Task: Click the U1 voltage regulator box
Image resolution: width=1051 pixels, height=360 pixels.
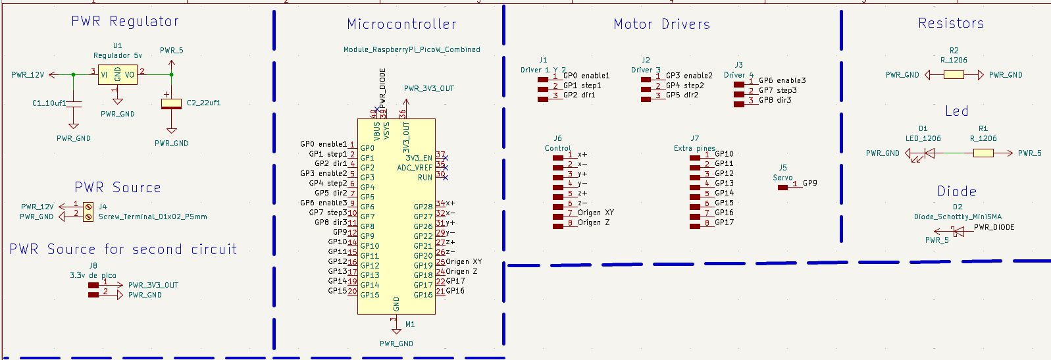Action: tap(118, 74)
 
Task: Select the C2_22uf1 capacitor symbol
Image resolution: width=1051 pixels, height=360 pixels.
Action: tap(172, 103)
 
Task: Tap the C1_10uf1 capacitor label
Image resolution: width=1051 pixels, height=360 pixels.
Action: tap(49, 103)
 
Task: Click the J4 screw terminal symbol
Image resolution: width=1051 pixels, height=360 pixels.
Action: tap(88, 211)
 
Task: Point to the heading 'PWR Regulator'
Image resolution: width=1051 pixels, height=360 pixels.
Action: tap(125, 21)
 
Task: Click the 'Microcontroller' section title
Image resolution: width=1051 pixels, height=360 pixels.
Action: tap(401, 24)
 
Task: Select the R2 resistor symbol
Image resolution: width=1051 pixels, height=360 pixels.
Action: tap(954, 75)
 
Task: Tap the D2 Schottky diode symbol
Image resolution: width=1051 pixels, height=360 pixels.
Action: tap(958, 231)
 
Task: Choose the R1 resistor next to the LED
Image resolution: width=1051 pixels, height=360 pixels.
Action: tap(983, 153)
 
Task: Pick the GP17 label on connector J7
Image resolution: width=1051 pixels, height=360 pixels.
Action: tap(724, 222)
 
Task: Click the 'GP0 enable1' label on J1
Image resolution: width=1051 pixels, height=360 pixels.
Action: tap(586, 76)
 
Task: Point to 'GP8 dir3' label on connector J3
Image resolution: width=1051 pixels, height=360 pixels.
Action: tap(775, 100)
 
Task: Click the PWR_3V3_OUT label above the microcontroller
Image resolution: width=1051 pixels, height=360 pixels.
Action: tap(428, 88)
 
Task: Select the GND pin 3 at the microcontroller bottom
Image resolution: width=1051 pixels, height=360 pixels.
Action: tap(394, 321)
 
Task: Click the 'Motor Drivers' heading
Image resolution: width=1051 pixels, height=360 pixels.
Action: tap(661, 24)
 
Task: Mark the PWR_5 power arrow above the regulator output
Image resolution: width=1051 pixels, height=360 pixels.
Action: tap(171, 63)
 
